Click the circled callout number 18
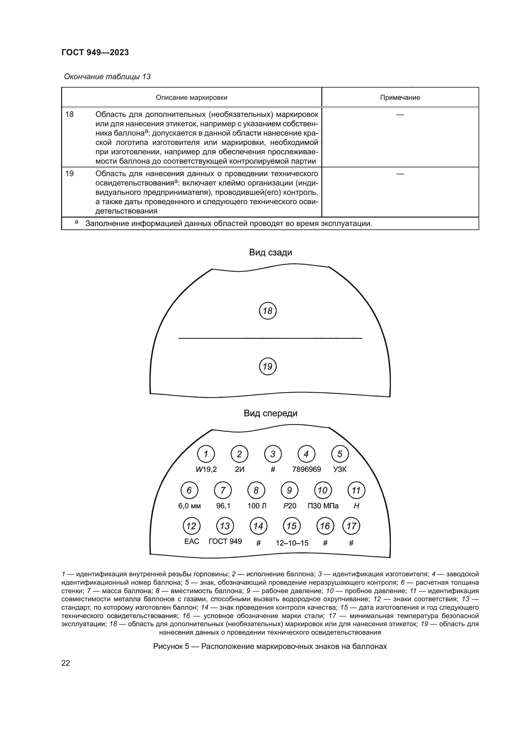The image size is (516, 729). [268, 311]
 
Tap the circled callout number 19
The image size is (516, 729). [268, 367]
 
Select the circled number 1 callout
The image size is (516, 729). [206, 454]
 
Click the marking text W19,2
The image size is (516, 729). [206, 469]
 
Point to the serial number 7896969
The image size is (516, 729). [306, 469]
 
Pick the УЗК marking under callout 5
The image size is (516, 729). [340, 469]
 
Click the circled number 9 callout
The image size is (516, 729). [290, 491]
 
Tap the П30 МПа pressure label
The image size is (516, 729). [323, 506]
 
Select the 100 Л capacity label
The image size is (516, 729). [257, 506]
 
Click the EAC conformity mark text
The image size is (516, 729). [192, 541]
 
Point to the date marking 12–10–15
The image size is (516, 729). [292, 543]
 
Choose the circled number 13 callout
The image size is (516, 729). [225, 526]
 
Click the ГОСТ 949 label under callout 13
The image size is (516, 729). [225, 541]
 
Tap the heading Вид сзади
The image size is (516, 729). [270, 252]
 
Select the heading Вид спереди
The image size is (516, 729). [270, 413]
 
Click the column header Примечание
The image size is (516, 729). [400, 98]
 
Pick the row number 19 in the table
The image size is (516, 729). [69, 173]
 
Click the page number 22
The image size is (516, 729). [66, 663]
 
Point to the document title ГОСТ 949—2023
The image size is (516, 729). [95, 52]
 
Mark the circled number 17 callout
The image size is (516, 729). [351, 526]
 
